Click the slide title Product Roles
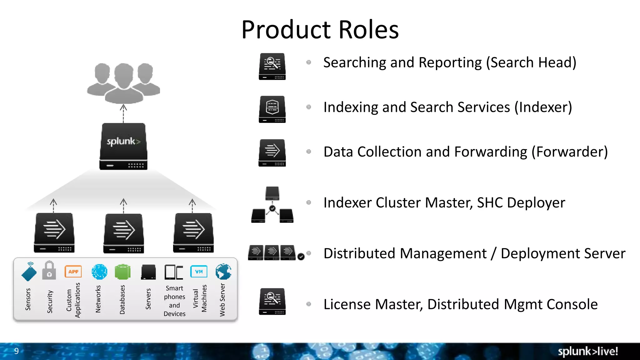coord(320,30)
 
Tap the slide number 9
coord(17,351)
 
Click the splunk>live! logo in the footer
coord(587,351)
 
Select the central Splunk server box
coord(123,146)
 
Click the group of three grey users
coord(123,83)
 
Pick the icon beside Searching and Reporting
coord(272,66)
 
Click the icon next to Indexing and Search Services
coord(272,109)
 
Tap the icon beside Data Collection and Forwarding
coord(272,152)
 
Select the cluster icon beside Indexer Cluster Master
coord(272,205)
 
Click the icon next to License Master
coord(272,301)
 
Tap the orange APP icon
coord(73,272)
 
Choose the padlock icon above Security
coord(49,271)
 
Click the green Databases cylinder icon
coord(122,272)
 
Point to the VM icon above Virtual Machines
coord(199,272)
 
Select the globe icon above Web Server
coord(223,272)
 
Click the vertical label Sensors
coord(28,299)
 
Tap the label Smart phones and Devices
coord(174,301)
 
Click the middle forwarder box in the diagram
coord(124,233)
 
